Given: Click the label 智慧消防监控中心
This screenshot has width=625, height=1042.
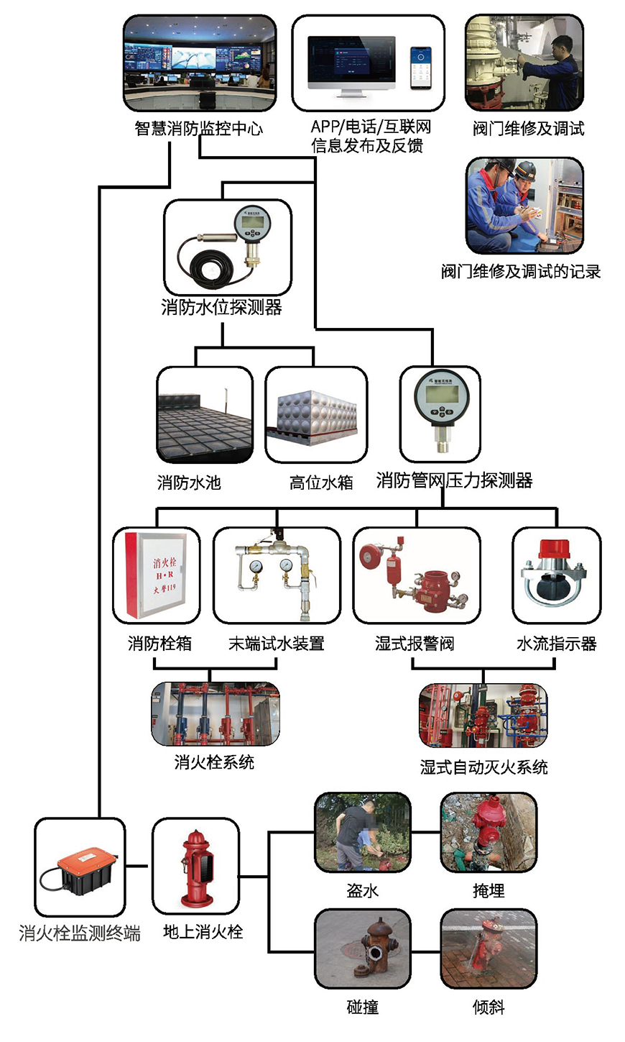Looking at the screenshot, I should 199,129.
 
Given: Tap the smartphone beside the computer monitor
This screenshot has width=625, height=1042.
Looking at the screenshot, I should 420,68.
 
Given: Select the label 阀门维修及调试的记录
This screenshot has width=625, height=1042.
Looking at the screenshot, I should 521,272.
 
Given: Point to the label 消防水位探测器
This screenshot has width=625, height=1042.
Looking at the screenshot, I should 221,308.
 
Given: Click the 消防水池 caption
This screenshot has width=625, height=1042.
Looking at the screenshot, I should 189,482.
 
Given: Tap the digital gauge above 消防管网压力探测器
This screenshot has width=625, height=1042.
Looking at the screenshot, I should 440,403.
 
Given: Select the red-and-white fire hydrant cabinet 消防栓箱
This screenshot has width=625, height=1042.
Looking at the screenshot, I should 157,575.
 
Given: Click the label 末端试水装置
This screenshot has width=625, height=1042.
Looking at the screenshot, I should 277,644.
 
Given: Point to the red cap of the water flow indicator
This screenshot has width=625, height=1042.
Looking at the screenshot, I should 557,549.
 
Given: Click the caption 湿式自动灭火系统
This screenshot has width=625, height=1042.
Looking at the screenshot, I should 484,767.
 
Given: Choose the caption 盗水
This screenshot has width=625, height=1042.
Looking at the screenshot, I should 363,891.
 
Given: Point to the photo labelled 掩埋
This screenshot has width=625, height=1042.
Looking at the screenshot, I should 489,832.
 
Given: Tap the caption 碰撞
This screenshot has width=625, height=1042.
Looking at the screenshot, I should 363,1007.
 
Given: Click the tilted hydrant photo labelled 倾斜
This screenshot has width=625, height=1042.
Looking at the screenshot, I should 489,948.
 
